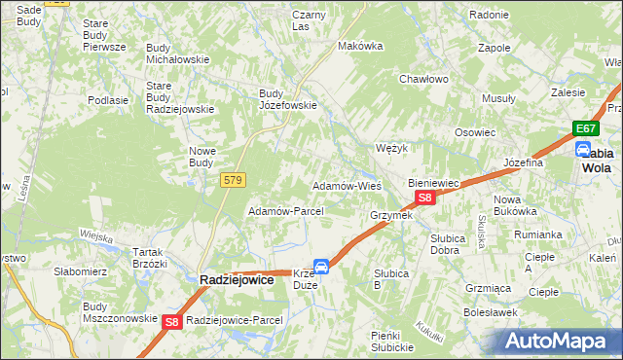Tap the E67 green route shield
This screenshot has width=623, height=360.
[585, 128]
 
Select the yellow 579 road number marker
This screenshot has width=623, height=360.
[234, 180]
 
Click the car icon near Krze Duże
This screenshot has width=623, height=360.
[320, 265]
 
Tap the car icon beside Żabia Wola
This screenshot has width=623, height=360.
[582, 150]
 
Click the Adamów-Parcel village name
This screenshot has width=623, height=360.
[279, 211]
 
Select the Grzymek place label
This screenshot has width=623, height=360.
[391, 215]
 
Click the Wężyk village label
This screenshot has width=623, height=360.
[390, 148]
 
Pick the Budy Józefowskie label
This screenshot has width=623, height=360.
[288, 99]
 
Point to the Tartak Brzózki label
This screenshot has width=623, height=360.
[148, 257]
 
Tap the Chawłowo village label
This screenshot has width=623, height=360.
[423, 79]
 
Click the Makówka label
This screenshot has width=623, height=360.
[357, 46]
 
